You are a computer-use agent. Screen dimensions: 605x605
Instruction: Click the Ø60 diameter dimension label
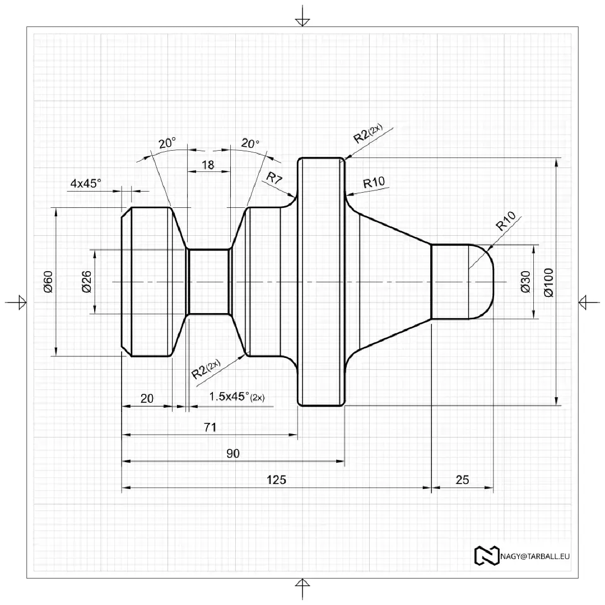[x=48, y=281]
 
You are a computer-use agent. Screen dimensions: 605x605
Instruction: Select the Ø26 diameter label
[x=86, y=281]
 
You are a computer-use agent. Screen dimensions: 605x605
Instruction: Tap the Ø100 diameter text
[x=547, y=282]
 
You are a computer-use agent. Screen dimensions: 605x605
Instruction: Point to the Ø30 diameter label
[x=525, y=282]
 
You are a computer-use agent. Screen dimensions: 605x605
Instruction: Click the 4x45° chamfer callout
[x=86, y=183]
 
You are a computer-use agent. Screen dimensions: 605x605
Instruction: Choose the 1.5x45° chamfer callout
[x=236, y=397]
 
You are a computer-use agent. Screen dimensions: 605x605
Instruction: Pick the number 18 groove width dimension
[x=207, y=165]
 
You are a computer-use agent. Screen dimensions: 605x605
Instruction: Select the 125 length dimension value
[x=276, y=480]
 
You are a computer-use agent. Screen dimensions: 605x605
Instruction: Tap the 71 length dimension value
[x=210, y=427]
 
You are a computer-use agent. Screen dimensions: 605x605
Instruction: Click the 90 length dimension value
[x=232, y=454]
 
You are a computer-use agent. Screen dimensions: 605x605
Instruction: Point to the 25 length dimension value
[x=462, y=480]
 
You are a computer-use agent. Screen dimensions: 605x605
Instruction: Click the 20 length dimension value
[x=147, y=399]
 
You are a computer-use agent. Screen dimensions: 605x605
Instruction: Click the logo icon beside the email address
[x=486, y=555]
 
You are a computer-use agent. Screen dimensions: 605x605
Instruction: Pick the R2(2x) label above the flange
[x=367, y=134]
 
